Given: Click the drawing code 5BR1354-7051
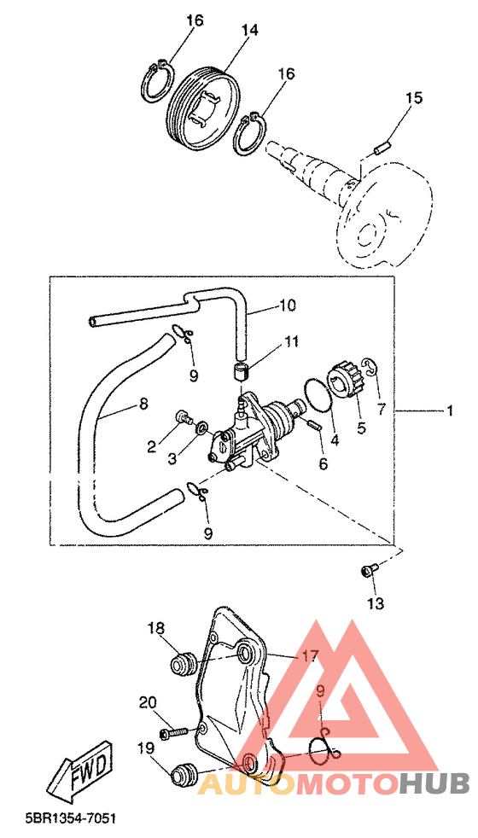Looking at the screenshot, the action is pos(71,818).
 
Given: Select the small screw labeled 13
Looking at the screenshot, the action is pos(369,570).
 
